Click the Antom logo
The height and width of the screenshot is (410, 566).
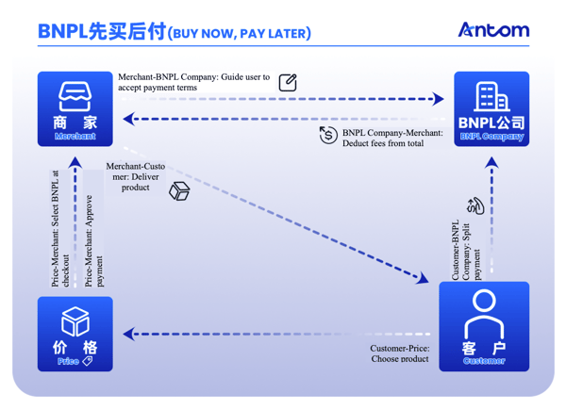pos(493,30)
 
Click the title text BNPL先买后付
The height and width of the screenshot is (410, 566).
pos(101,32)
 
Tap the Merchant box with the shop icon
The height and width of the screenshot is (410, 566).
pos(75,108)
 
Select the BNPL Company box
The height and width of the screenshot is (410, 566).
pos(491,108)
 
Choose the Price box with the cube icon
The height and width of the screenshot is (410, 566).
pos(75,334)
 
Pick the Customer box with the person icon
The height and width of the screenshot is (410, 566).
pos(484,326)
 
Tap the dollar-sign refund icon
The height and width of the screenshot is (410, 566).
pos(327,135)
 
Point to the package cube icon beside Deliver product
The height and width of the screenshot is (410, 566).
pos(178,191)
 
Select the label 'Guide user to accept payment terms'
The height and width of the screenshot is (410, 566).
pos(193,82)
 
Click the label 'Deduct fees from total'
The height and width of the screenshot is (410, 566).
pos(392,139)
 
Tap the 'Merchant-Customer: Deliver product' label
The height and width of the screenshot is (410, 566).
pos(135,176)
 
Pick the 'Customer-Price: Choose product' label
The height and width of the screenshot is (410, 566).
pos(399,353)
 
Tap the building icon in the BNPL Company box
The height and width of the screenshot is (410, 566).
pos(488,97)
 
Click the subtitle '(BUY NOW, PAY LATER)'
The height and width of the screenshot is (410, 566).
pos(238,34)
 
